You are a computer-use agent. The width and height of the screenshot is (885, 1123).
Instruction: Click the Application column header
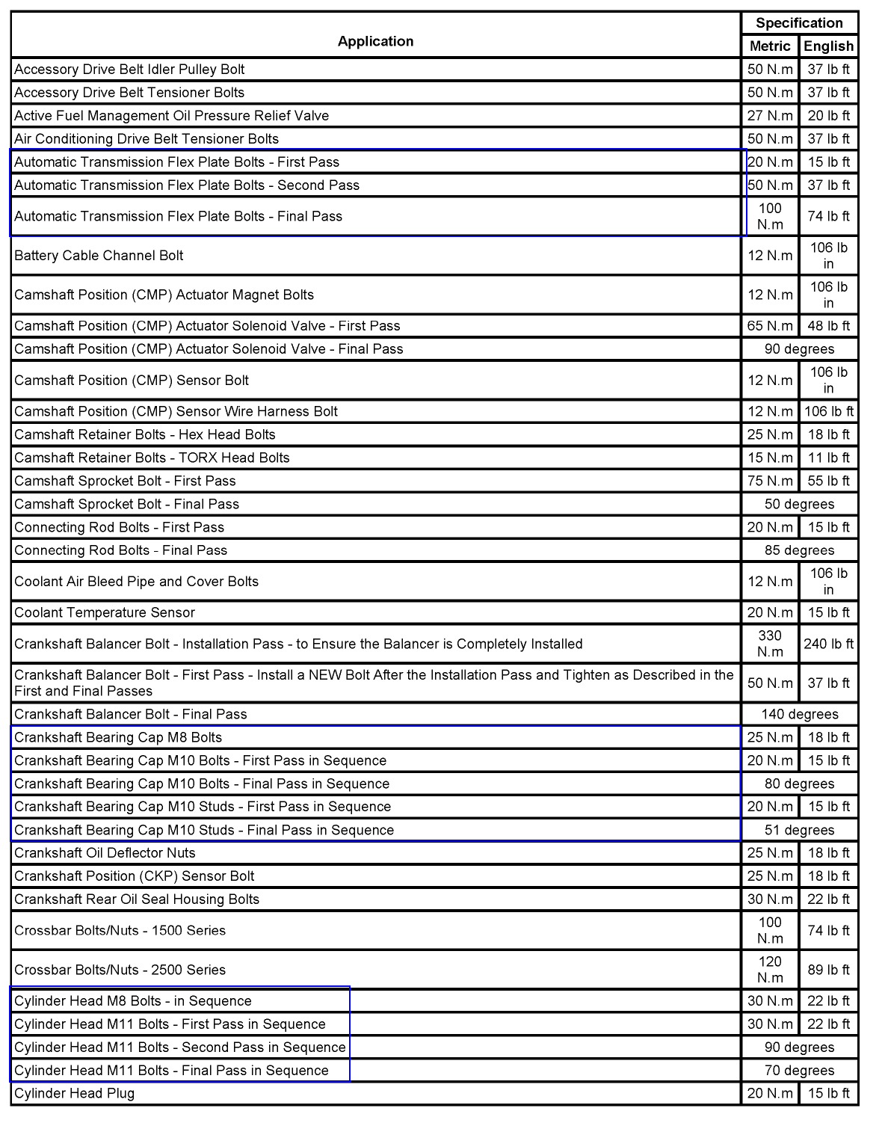[x=375, y=41]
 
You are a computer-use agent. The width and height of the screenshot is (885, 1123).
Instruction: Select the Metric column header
[x=770, y=46]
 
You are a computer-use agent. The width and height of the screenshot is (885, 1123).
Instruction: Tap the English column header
[x=828, y=46]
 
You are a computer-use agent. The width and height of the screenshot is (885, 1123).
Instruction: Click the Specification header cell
[x=799, y=23]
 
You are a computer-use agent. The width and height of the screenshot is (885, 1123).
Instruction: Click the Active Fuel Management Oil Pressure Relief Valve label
[x=171, y=116]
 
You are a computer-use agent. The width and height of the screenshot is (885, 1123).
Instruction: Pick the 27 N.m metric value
[x=770, y=116]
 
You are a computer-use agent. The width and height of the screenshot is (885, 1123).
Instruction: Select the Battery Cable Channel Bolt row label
[x=99, y=256]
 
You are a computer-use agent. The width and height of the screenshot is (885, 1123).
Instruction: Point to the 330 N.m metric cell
[x=770, y=644]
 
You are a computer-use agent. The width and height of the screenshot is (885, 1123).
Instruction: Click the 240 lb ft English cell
[x=828, y=644]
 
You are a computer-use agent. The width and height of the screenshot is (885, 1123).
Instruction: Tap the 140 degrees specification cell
[x=799, y=714]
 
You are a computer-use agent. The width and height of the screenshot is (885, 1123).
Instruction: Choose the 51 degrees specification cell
[x=799, y=830]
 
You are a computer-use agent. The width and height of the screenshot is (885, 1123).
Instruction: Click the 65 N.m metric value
[x=770, y=326]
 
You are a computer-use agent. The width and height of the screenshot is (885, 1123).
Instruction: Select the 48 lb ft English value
[x=828, y=326]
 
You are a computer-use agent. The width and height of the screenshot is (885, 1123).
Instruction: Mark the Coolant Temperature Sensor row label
[x=105, y=612]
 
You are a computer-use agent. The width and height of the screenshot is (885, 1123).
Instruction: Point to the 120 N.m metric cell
[x=770, y=970]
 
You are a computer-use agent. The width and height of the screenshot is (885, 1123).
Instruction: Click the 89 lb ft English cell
[x=828, y=970]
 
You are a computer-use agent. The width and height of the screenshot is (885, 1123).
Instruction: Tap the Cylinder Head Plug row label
[x=75, y=1093]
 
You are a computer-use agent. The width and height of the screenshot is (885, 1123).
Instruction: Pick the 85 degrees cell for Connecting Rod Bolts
[x=799, y=550]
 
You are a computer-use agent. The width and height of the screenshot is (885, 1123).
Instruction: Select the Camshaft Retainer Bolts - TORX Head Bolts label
[x=152, y=458]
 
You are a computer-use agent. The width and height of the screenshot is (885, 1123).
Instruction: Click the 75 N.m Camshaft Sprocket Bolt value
[x=770, y=481]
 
